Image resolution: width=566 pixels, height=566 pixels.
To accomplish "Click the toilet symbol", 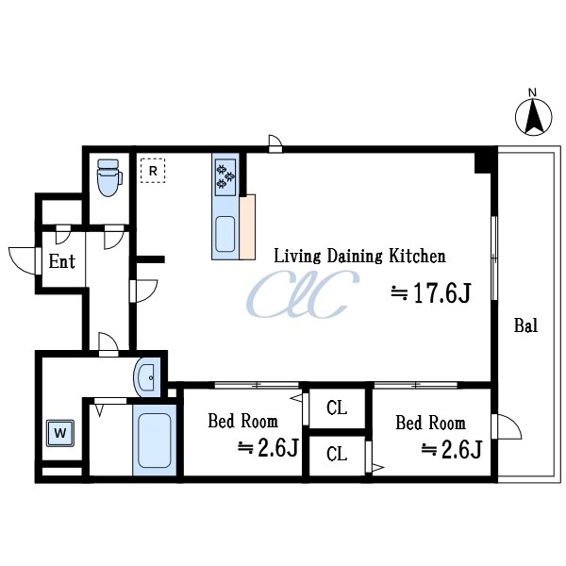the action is (109, 177).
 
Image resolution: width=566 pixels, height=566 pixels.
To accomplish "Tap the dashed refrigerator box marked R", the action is (153, 171).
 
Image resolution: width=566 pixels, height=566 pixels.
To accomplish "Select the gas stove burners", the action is (225, 177).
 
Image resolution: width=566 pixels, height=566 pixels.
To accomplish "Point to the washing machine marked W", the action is (60, 433).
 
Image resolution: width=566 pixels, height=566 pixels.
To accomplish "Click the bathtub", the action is (155, 440).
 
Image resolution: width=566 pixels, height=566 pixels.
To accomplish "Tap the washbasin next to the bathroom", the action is (147, 377).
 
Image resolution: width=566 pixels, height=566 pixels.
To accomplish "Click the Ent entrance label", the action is (62, 261).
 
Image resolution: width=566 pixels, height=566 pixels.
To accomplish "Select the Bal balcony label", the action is (525, 325).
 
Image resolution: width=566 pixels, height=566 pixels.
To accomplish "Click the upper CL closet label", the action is (337, 408).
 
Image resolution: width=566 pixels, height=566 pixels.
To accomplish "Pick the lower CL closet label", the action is (337, 454).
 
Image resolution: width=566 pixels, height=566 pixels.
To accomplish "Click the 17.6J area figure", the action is (431, 292).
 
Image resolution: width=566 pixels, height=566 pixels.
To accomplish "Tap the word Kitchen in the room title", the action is (417, 256).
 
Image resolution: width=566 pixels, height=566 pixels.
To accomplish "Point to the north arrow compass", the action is (533, 115).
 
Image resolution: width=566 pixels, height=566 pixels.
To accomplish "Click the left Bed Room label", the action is (243, 421).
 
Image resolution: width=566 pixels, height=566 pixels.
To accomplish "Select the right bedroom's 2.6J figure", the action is (452, 449).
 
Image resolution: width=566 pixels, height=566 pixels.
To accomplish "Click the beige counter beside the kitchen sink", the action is (247, 227).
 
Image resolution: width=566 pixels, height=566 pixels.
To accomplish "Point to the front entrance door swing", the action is (23, 260).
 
